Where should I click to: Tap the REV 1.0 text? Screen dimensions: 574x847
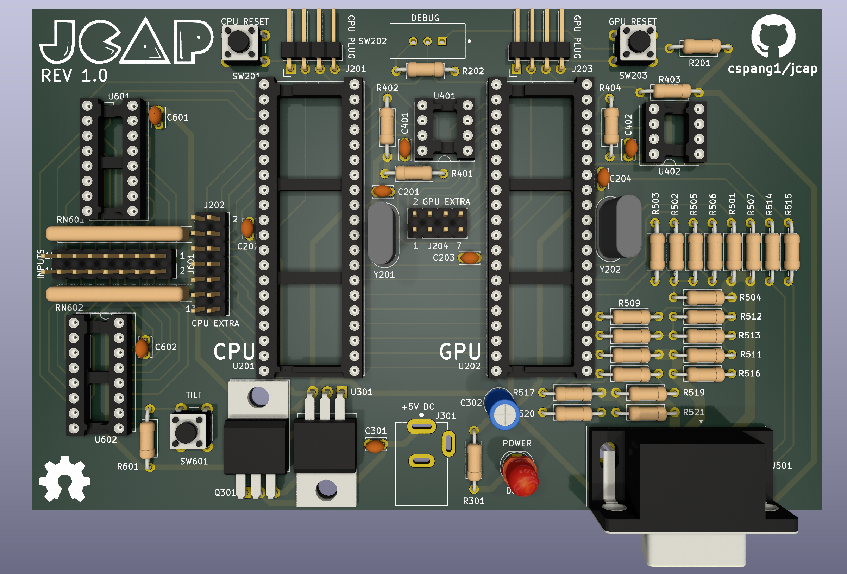[x=74, y=76]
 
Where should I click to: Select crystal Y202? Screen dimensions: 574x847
[x=619, y=227]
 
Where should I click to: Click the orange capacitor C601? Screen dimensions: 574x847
[x=155, y=116]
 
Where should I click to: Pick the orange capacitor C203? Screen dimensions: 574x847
[x=469, y=258]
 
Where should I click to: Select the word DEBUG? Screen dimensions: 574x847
[x=425, y=18]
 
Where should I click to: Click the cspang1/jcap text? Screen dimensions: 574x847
[x=773, y=69]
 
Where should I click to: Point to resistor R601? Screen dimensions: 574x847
[x=148, y=439]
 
